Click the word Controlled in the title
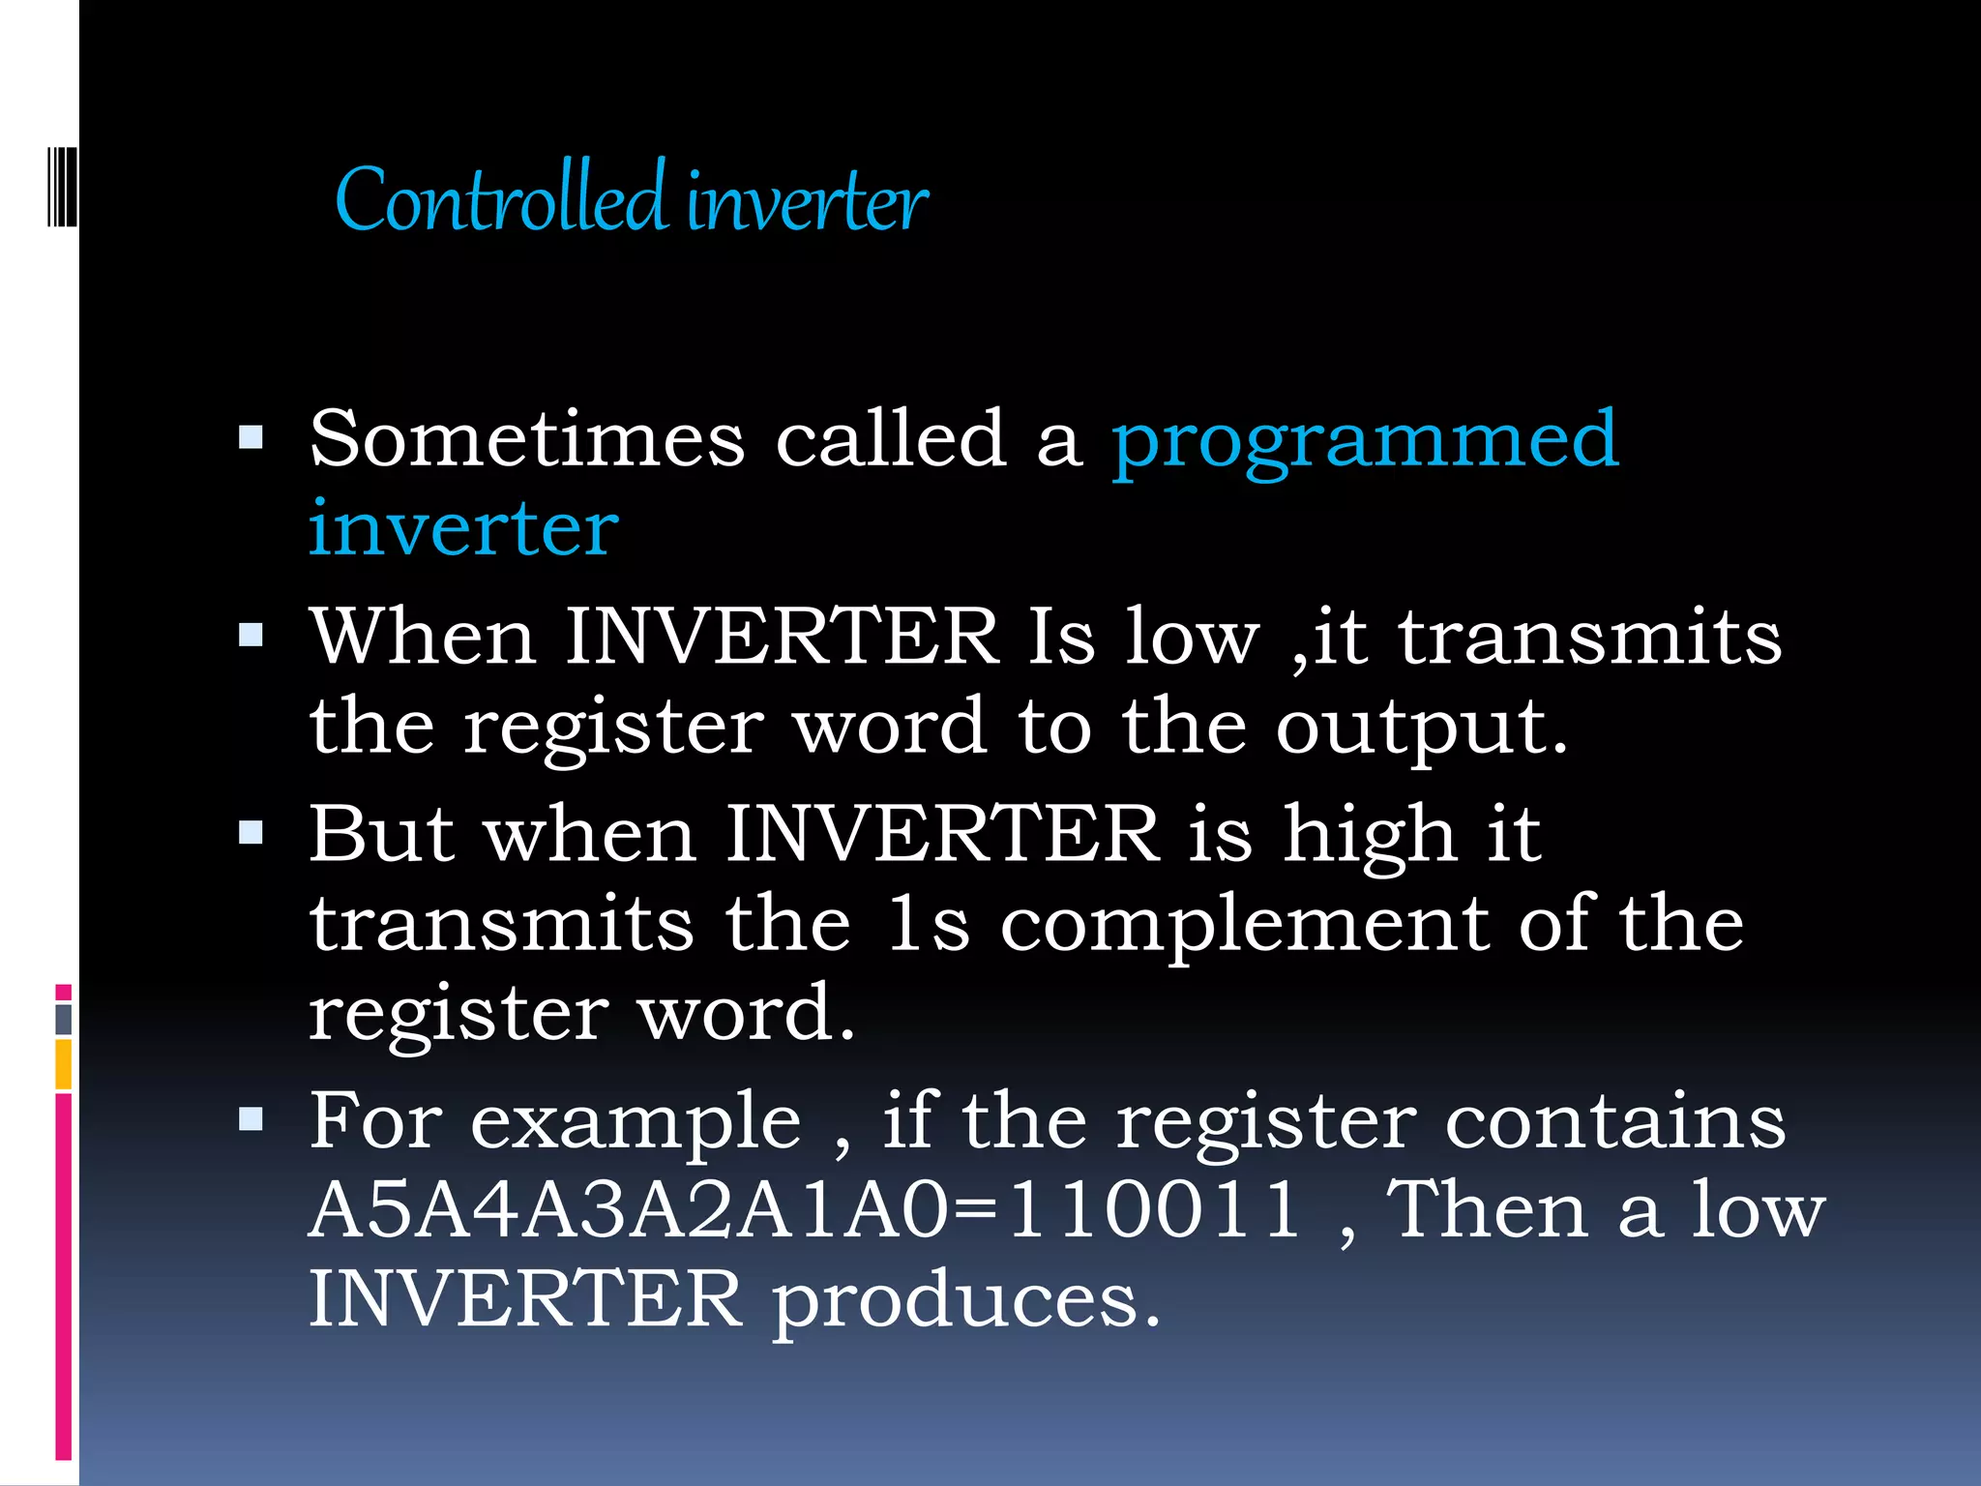click(x=501, y=199)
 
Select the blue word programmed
click(x=1365, y=441)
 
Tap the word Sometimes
click(x=527, y=439)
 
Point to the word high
click(x=1369, y=833)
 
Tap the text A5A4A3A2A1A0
click(x=630, y=1209)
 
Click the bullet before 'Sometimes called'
click(x=251, y=439)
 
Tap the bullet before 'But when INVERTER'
click(x=251, y=833)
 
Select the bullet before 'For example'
click(x=251, y=1120)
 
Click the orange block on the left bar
click(x=63, y=1063)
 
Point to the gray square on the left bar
click(x=63, y=1019)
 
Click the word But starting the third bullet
click(x=381, y=833)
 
